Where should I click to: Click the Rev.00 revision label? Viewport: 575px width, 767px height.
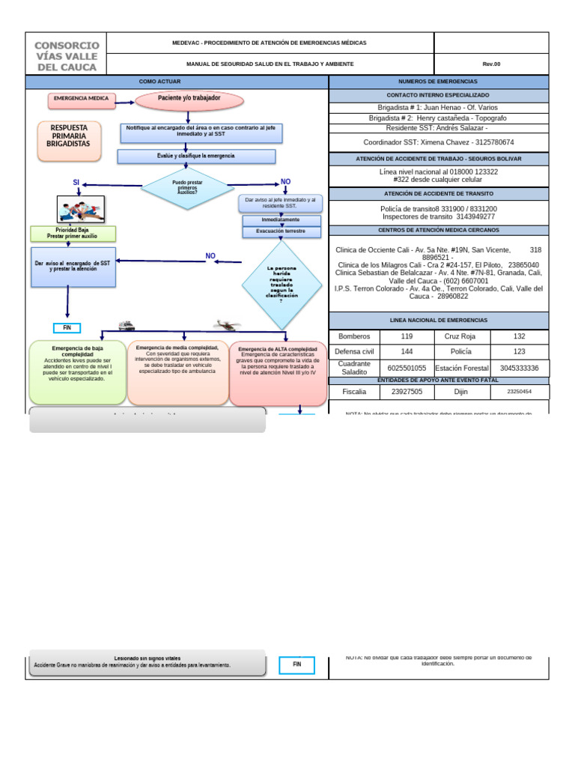490,64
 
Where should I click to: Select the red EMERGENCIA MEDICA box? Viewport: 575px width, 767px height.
80,99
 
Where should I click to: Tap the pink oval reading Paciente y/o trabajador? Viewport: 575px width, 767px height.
189,99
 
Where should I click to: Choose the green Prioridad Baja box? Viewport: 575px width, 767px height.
73,233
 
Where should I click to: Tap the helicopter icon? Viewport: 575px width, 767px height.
225,325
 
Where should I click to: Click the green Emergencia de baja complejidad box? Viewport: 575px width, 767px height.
78,372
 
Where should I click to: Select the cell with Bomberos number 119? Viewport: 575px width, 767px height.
407,337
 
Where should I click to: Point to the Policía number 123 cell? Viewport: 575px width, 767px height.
518,351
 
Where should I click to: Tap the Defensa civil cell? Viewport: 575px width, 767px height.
354,351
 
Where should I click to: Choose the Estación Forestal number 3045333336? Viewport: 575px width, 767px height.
518,368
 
